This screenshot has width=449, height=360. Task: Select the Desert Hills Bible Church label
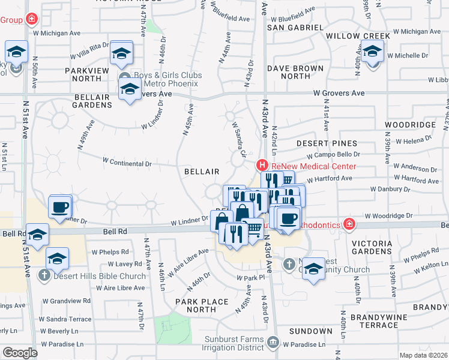(99, 276)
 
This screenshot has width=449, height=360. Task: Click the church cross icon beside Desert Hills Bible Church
(43, 276)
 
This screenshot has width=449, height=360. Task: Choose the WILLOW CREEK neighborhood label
(358, 36)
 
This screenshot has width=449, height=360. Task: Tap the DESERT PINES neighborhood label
(327, 143)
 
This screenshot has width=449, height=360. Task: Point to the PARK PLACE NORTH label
(202, 305)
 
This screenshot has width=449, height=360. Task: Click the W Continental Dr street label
(127, 162)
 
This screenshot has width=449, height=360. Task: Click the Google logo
(20, 353)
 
